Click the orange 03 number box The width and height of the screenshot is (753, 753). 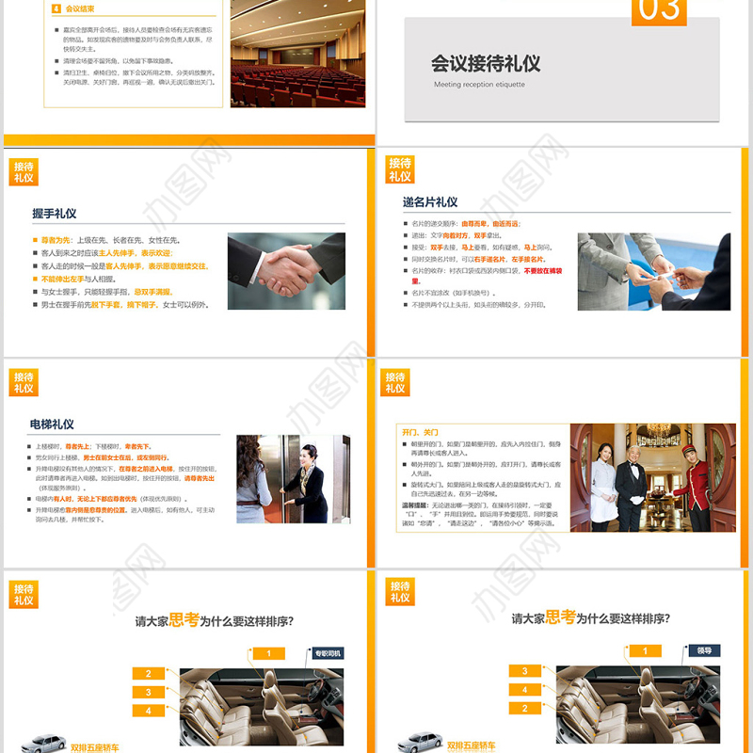[x=659, y=11]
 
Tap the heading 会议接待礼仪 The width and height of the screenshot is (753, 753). [x=486, y=63]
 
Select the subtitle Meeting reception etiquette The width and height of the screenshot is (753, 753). [x=479, y=85]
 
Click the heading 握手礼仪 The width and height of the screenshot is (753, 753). [x=55, y=214]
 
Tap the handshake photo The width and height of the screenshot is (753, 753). [x=286, y=271]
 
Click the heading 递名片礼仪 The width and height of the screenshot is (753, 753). [x=430, y=202]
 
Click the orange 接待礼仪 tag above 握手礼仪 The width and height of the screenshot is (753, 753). [x=24, y=171]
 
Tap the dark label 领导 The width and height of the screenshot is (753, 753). [x=704, y=649]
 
